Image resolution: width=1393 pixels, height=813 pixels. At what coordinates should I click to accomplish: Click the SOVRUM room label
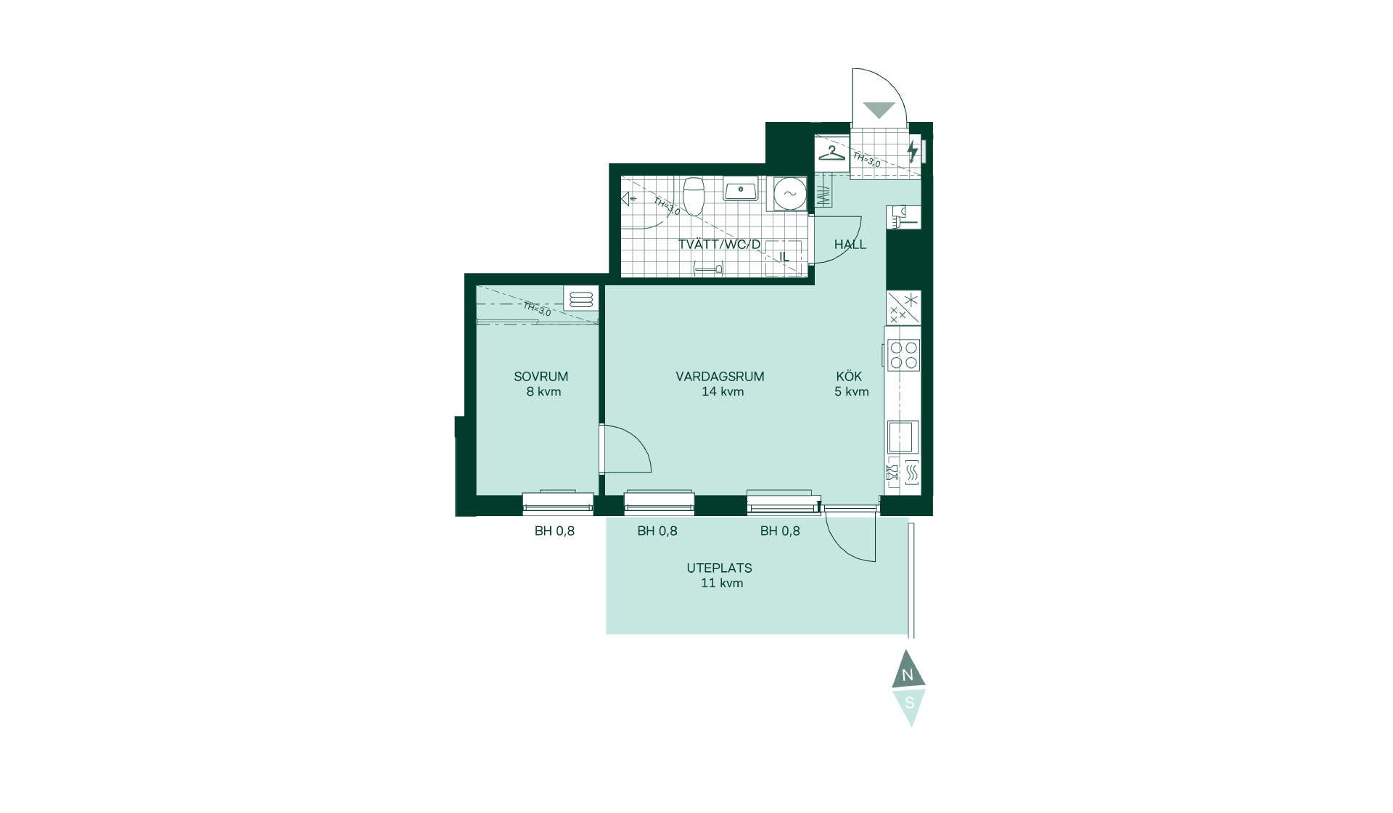point(541,377)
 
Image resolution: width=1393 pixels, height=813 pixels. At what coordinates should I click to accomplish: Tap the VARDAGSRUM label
point(720,377)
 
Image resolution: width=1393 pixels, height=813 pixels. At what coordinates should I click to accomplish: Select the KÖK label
point(849,376)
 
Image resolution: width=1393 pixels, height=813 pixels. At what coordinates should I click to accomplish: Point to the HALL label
point(850,245)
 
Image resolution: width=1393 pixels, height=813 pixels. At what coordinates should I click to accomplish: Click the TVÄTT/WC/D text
point(719,245)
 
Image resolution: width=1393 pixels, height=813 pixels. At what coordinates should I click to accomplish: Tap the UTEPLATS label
point(719,568)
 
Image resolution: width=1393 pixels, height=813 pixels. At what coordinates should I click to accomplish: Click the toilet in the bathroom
point(694,197)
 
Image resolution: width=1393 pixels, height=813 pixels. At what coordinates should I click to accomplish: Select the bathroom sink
point(741,190)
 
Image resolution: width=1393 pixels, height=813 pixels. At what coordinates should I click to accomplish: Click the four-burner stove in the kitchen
point(903,356)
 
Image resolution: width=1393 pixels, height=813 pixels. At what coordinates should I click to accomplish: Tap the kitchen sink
point(903,437)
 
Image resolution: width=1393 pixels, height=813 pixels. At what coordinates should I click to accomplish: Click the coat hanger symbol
point(832,154)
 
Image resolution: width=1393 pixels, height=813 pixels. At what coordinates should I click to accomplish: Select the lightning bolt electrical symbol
point(913,151)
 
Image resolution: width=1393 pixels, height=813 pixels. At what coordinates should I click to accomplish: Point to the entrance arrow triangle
point(879,109)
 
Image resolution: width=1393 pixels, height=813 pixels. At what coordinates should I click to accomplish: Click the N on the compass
point(907,676)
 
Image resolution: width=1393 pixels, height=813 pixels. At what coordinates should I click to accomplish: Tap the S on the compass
point(909,703)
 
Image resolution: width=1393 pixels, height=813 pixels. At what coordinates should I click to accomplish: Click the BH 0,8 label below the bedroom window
point(554,531)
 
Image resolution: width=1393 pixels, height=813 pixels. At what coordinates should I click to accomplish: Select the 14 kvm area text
point(723,392)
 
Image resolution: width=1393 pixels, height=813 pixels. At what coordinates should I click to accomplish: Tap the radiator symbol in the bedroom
point(581,299)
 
